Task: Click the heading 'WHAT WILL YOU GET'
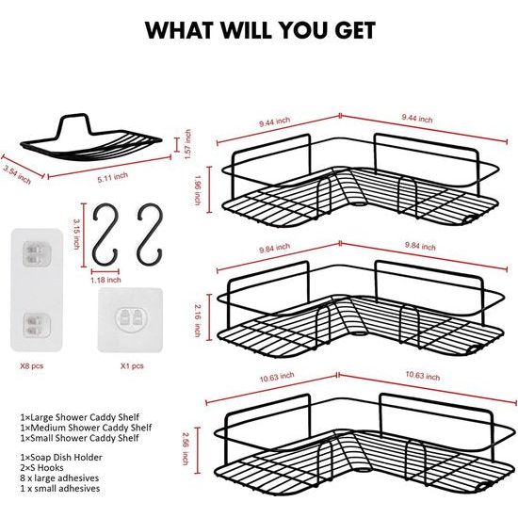260,30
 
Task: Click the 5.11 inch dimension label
113,177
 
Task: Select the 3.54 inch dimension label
17,174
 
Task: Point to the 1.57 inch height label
187,144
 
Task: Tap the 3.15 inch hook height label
76,234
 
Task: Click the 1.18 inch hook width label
105,280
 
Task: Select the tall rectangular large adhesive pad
37,289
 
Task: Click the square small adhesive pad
130,320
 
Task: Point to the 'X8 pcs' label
32,366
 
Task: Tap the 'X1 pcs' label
132,366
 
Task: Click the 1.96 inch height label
198,190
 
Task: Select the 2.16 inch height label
198,320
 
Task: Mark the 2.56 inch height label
186,448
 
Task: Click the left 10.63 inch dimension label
277,377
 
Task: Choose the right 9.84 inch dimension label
420,246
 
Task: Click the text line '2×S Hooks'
42,468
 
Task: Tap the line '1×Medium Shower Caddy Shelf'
86,428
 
